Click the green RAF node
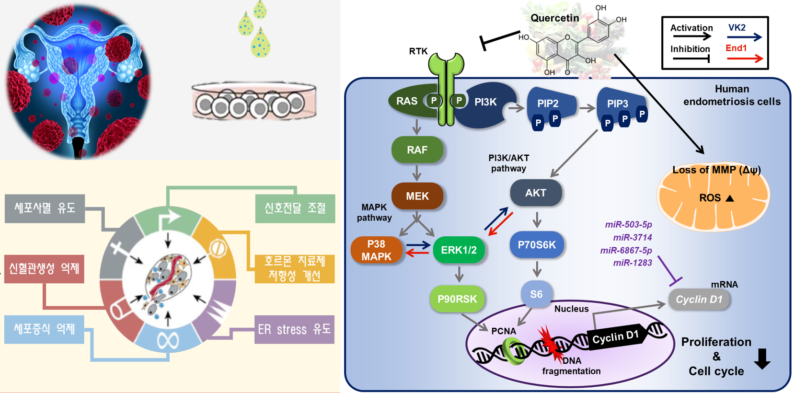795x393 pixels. click(417, 150)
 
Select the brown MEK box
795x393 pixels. click(417, 196)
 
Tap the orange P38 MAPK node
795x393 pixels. click(376, 250)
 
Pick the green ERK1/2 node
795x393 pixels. click(459, 250)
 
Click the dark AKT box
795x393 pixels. click(536, 193)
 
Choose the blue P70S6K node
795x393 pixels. click(537, 245)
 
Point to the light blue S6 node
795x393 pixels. click(536, 294)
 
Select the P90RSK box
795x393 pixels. click(457, 299)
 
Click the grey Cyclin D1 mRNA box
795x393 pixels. click(699, 300)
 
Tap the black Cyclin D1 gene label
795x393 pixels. click(615, 338)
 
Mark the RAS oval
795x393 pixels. click(407, 101)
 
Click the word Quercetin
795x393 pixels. click(554, 18)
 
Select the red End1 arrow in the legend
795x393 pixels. click(744, 58)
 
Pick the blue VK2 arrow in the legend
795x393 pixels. click(744, 37)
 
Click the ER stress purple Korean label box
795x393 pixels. click(294, 329)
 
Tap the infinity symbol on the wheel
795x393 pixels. click(168, 341)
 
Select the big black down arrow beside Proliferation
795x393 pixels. click(762, 358)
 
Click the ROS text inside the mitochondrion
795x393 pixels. click(710, 198)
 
